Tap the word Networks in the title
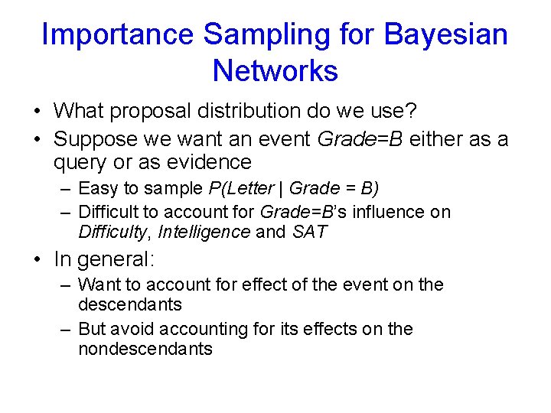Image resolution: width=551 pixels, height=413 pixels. pyautogui.click(x=275, y=71)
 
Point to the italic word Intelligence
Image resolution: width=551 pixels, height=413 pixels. pyautogui.click(x=204, y=232)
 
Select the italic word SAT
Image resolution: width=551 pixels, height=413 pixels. pyautogui.click(x=310, y=232)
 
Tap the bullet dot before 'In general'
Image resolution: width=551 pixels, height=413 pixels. pyautogui.click(x=37, y=259)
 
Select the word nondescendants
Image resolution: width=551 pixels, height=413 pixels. pyautogui.click(x=145, y=349)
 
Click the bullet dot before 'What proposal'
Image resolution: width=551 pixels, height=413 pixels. pyautogui.click(x=37, y=112)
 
